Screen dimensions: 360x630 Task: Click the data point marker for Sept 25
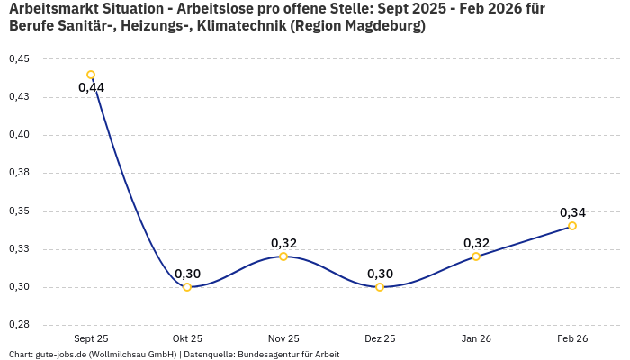[91, 75]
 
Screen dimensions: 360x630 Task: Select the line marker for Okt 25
[187, 287]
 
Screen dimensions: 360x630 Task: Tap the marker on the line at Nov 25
[283, 256]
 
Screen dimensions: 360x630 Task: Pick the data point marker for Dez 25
[380, 287]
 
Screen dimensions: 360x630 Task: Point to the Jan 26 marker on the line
[476, 256]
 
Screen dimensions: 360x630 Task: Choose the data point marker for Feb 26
[572, 226]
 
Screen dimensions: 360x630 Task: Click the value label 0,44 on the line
[92, 87]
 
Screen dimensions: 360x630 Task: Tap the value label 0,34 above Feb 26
[572, 213]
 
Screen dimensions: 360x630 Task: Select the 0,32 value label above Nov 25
[283, 243]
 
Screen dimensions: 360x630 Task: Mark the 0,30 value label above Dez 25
[380, 274]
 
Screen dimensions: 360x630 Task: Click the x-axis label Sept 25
[91, 338]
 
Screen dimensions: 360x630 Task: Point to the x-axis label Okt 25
[187, 338]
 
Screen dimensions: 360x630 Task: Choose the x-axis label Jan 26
[476, 338]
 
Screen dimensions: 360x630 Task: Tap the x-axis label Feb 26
[572, 338]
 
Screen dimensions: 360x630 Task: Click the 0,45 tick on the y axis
[19, 59]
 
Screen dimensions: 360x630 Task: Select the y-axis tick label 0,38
[19, 173]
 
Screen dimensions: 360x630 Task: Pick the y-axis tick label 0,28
[19, 325]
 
